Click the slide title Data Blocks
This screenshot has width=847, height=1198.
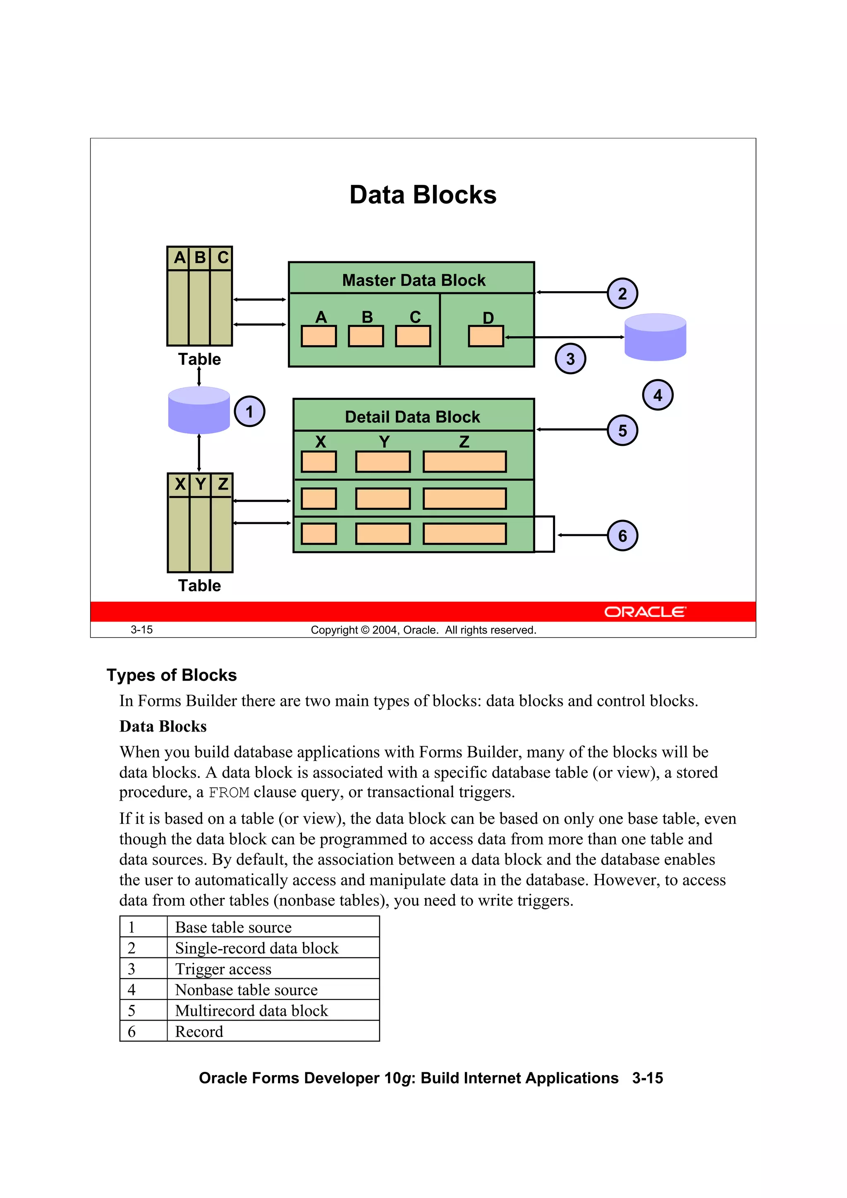point(423,195)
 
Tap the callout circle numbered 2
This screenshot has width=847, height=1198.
point(622,293)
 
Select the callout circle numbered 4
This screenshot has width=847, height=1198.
point(657,395)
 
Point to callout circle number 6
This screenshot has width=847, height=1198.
point(622,536)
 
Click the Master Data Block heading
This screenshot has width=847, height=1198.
point(413,280)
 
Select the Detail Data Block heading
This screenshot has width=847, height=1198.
point(412,416)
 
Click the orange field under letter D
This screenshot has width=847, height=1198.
point(486,336)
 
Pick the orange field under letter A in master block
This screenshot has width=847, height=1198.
point(318,336)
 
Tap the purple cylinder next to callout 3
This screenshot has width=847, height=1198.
point(655,337)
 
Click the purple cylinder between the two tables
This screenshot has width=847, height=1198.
point(199,410)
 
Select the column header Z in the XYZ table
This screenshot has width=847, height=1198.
point(223,484)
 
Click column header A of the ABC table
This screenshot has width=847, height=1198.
point(179,257)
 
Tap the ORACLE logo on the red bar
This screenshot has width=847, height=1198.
point(645,612)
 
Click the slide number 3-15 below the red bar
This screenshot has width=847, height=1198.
point(141,630)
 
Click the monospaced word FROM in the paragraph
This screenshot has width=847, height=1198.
point(229,793)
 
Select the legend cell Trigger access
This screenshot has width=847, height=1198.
point(223,969)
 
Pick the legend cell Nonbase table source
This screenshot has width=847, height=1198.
point(246,990)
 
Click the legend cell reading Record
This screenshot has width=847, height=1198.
point(199,1031)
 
